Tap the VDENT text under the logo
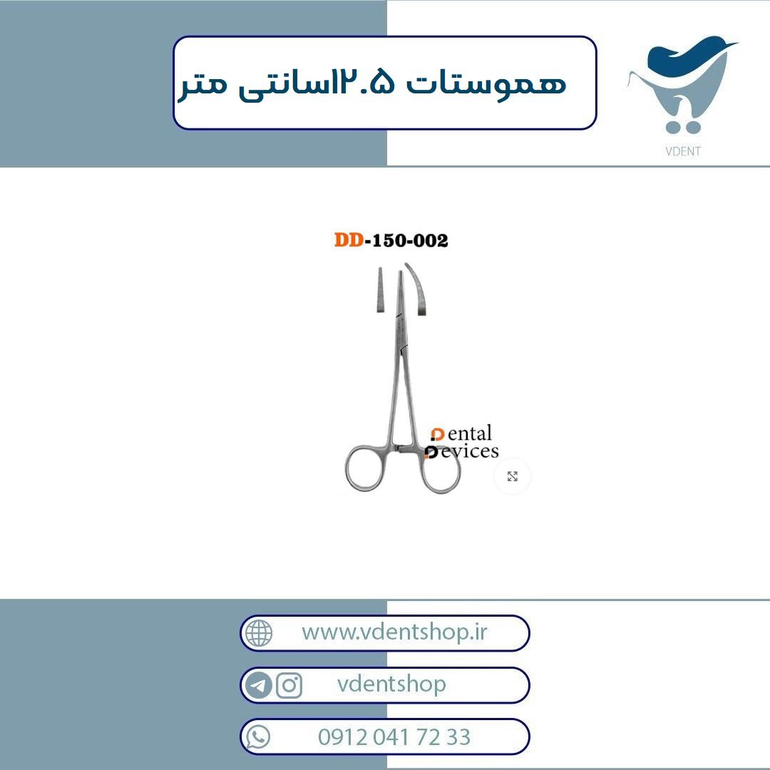(682, 151)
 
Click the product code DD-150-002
(391, 240)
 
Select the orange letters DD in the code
(349, 240)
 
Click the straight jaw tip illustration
(380, 289)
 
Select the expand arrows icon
(512, 476)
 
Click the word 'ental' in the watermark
(469, 433)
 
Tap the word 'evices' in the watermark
(469, 451)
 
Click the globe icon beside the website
(259, 633)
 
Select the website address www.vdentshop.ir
(394, 632)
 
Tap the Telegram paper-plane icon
(258, 685)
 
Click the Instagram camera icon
(289, 685)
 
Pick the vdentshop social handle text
(391, 684)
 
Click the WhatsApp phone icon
(258, 736)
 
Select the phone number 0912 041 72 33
(394, 737)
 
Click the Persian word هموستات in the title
(486, 83)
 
